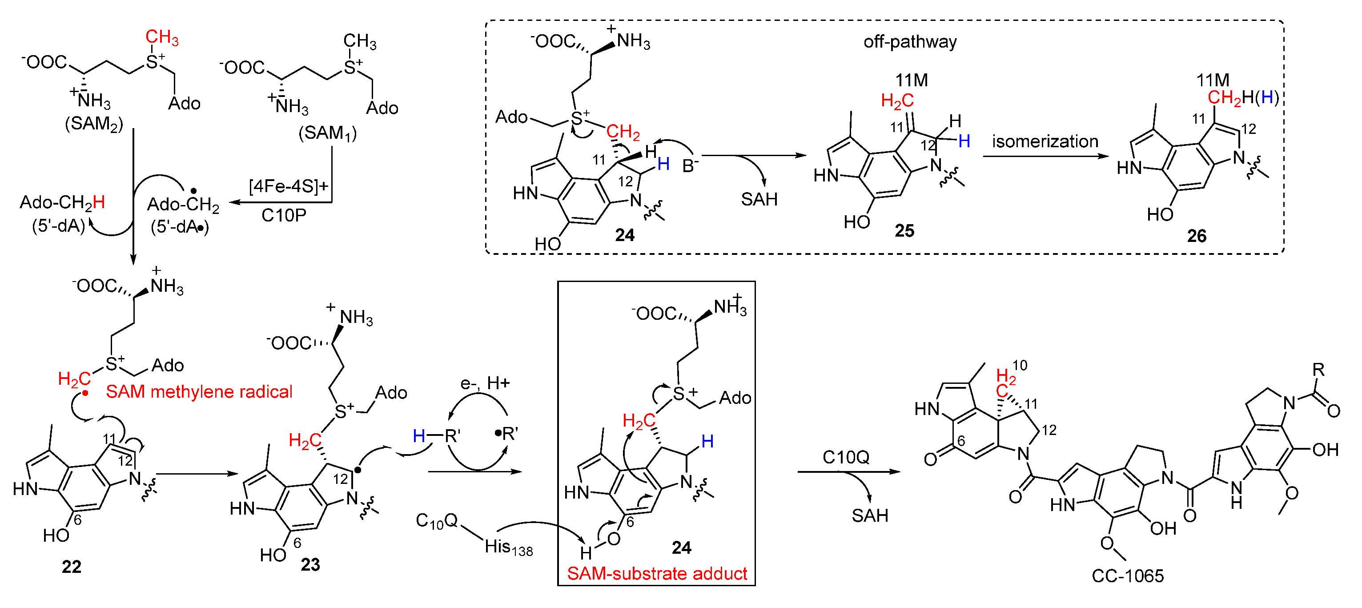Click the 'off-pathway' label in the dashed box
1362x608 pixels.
click(x=909, y=42)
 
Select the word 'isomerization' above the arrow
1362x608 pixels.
click(x=1045, y=142)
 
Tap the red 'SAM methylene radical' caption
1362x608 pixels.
click(x=199, y=392)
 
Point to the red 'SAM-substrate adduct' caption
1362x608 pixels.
click(x=657, y=574)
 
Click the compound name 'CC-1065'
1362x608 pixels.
click(x=1127, y=576)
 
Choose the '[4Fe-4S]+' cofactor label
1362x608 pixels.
click(x=288, y=186)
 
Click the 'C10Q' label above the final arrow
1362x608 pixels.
click(x=845, y=457)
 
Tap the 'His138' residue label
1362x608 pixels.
click(x=508, y=547)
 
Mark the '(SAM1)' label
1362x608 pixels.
click(x=327, y=133)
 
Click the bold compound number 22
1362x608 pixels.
click(x=72, y=567)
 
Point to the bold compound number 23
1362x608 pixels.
click(x=310, y=565)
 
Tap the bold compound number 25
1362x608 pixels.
click(x=904, y=230)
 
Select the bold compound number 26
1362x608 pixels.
click(x=1197, y=236)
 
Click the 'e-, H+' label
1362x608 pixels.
click(x=484, y=383)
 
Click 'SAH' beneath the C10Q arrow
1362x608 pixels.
click(x=869, y=515)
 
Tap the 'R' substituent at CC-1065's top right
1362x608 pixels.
click(x=1318, y=370)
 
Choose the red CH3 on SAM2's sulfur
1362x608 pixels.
click(x=162, y=37)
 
